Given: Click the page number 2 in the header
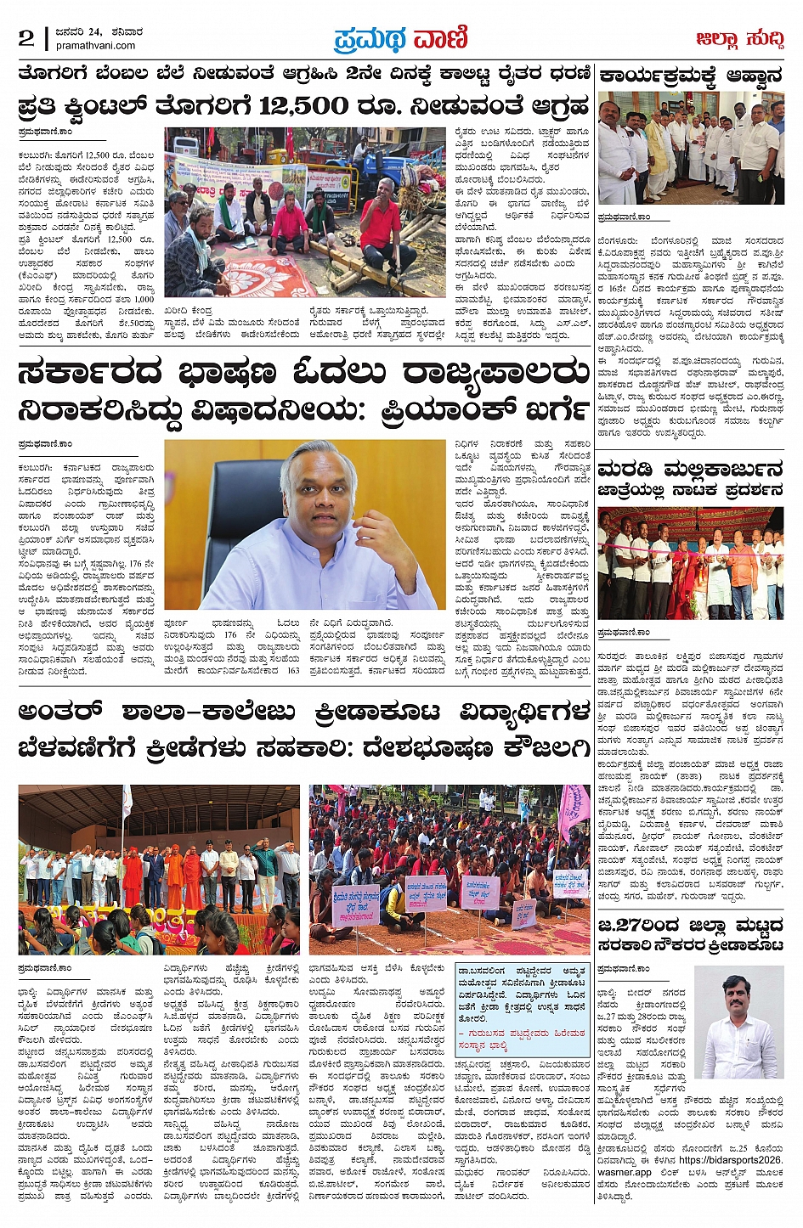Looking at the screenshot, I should click(26, 37).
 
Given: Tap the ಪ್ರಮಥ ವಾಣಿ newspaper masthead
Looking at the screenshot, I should click(400, 39).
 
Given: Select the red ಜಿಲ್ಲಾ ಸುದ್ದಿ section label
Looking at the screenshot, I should click(739, 39).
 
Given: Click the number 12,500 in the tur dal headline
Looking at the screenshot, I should click(303, 107).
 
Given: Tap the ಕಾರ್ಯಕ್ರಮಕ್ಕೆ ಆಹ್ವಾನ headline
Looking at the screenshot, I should click(691, 76).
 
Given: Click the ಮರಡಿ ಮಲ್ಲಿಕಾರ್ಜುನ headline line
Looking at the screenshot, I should click(690, 470).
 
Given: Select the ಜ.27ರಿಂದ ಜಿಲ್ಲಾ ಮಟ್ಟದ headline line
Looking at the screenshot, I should click(690, 924).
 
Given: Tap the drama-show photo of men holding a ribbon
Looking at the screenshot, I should click(691, 562).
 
